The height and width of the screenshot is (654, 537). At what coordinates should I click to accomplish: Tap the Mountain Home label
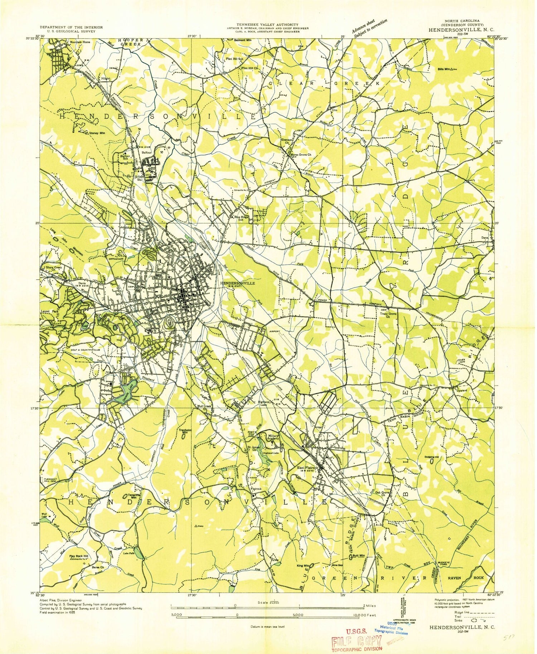click(80, 42)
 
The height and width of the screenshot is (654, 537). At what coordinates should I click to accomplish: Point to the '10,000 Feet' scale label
click(364, 615)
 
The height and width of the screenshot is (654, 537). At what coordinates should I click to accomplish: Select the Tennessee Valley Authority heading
click(267, 24)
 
